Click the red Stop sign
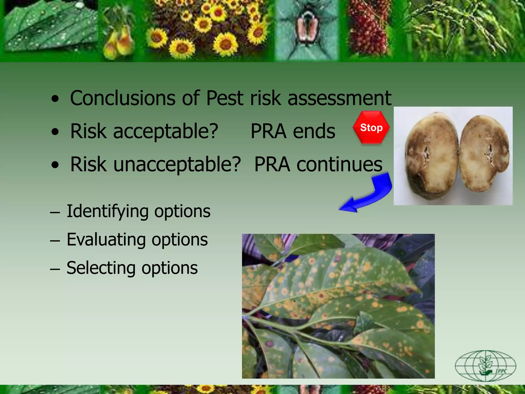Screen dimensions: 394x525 click(371, 127)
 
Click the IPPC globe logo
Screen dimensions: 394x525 click(485, 366)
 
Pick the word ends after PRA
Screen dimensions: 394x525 click(314, 131)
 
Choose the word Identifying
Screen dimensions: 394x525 click(108, 212)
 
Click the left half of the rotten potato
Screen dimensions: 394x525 click(431, 156)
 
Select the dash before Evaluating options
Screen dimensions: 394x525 click(55, 241)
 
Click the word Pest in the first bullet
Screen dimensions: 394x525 click(225, 98)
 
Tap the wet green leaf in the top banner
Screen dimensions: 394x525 click(49, 28)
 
